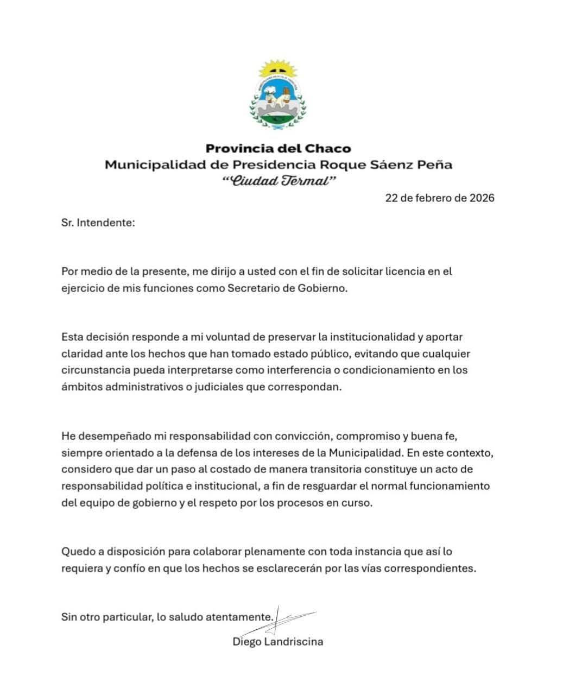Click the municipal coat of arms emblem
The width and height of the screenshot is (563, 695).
click(278, 98)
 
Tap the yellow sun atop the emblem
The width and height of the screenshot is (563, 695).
click(278, 69)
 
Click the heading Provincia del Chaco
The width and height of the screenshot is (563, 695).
click(278, 148)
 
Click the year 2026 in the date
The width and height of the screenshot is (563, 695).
click(482, 198)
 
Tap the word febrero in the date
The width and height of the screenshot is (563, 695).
click(433, 198)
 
